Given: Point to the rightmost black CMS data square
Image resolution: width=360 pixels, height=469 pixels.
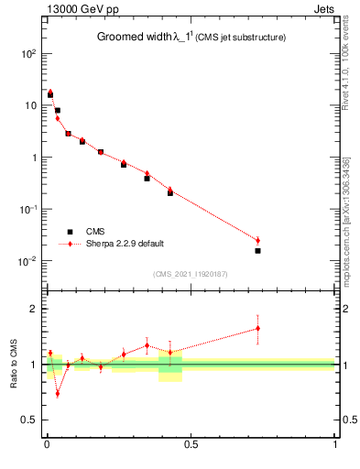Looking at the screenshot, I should pyautogui.click(x=257, y=250).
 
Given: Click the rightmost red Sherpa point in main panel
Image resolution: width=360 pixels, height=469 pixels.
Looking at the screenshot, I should pyautogui.click(x=257, y=240).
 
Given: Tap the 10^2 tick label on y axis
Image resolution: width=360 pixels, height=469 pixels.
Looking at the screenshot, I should pyautogui.click(x=27, y=53).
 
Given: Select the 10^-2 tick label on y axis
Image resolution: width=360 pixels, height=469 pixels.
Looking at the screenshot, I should pyautogui.click(x=27, y=261).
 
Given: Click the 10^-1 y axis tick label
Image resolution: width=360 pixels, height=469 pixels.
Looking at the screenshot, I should pyautogui.click(x=27, y=209).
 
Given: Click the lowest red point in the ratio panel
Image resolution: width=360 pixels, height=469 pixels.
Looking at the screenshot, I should pyautogui.click(x=58, y=394).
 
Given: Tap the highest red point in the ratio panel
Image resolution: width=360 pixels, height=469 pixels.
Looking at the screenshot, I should pyautogui.click(x=257, y=328).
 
